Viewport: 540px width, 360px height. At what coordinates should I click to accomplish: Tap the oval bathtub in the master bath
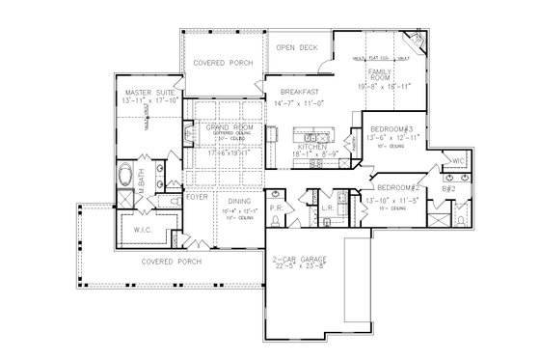(x=125, y=179)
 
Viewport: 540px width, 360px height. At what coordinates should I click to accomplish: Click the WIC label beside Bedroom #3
(x=458, y=159)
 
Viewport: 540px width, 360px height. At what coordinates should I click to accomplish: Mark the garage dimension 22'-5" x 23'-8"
(x=300, y=266)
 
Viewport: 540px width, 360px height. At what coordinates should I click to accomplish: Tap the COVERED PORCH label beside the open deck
(x=223, y=61)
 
